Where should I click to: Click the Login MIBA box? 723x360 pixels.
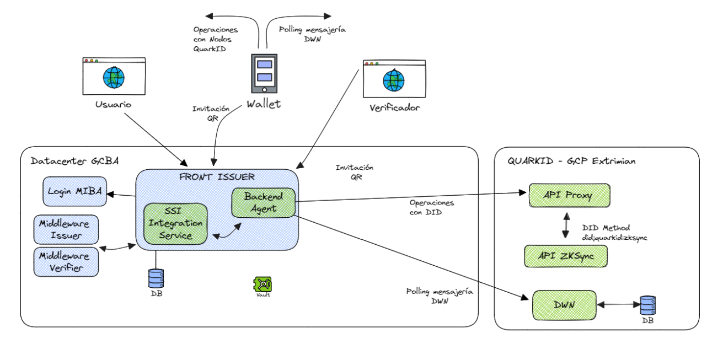[x=74, y=191]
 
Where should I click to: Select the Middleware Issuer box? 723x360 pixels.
[x=66, y=229]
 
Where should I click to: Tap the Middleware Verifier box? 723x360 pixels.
[x=66, y=261]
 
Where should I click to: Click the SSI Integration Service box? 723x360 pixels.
[x=175, y=223]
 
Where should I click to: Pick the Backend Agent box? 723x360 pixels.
[x=263, y=202]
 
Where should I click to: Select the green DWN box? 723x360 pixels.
[x=565, y=304]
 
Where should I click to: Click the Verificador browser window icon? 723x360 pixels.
[x=394, y=80]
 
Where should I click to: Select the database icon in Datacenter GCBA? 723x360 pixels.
[x=156, y=278]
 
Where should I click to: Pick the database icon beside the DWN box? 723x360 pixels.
[x=647, y=304]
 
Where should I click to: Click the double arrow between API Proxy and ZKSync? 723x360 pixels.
[x=566, y=225]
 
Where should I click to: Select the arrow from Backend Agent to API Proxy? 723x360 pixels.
[x=408, y=197]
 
